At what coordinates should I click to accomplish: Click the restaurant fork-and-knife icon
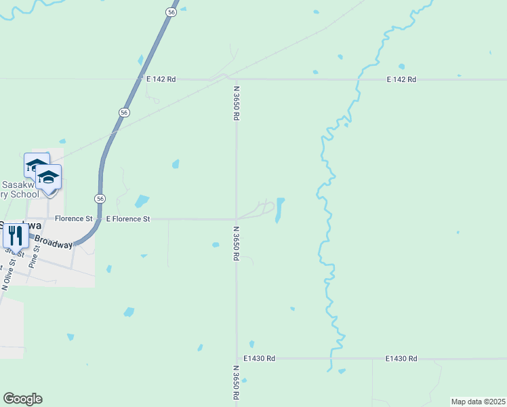15,235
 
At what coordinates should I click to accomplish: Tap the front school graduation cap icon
48,178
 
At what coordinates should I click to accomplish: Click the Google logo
22,399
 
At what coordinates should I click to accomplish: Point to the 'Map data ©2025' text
478,402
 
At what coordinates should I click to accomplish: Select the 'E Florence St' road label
128,219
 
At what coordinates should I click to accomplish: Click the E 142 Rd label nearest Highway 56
161,79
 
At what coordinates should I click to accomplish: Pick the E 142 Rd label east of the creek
401,79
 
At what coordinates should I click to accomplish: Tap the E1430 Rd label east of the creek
401,358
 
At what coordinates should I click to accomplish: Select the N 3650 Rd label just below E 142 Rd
237,102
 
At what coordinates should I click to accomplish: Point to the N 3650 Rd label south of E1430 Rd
235,385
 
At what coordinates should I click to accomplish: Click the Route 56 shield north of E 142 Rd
172,12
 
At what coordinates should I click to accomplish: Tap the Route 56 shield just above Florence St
100,198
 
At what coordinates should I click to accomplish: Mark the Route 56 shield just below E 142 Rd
123,113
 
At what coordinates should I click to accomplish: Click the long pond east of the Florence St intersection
279,210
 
